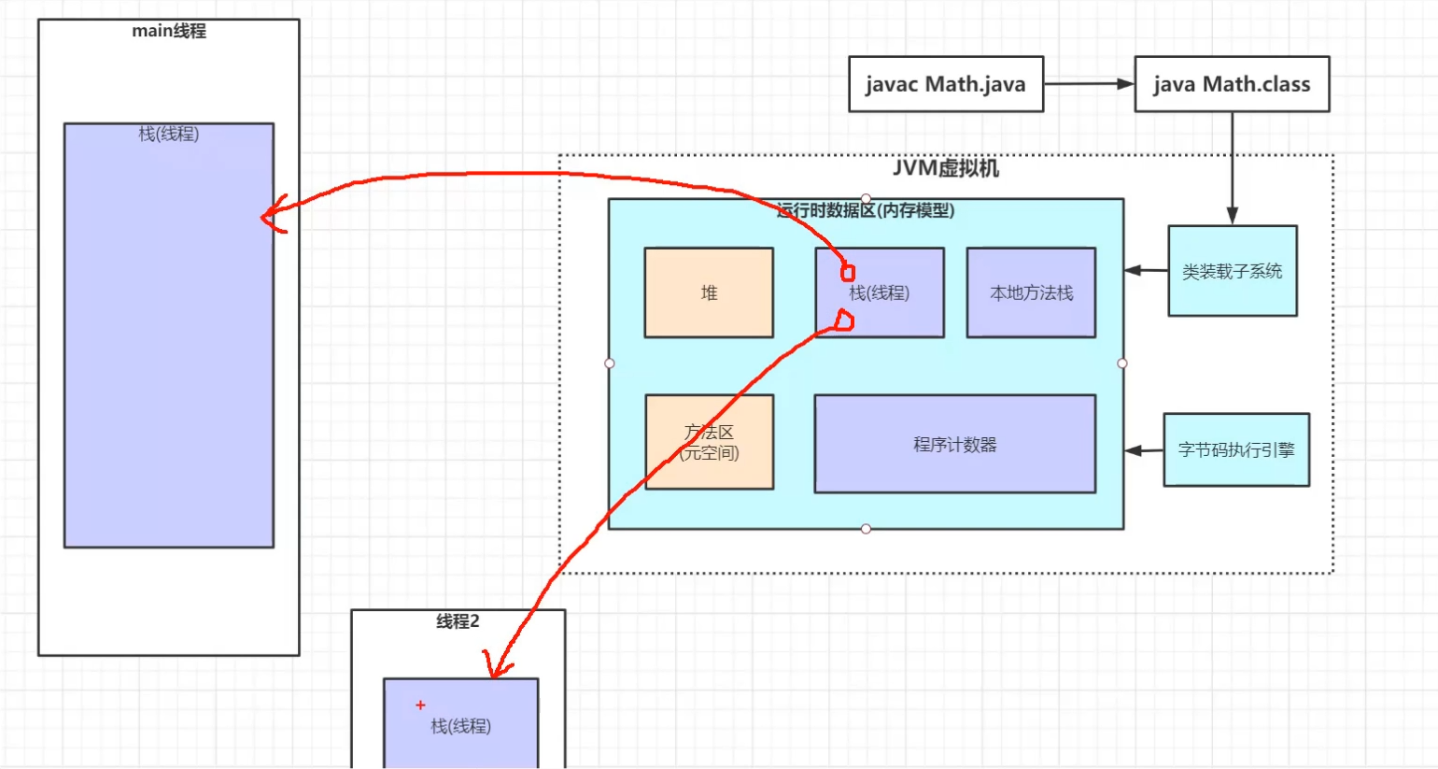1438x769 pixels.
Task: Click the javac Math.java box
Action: (x=945, y=84)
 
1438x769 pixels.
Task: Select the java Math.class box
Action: (x=1231, y=84)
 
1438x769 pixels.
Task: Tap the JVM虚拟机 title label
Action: (x=945, y=168)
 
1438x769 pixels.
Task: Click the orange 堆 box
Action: (x=709, y=292)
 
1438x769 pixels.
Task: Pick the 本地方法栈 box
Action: (x=1031, y=292)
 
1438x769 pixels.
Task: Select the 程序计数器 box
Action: (x=954, y=444)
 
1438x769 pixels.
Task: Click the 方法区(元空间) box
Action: (x=709, y=442)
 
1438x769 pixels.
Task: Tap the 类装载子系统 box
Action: (x=1232, y=271)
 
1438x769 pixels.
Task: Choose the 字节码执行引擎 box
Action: (x=1235, y=449)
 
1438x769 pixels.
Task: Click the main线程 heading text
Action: (x=169, y=31)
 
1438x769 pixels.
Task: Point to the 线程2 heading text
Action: (x=458, y=621)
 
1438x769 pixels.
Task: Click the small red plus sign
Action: (x=420, y=705)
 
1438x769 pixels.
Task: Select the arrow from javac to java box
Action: (x=1088, y=84)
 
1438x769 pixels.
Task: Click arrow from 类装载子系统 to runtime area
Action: (x=1145, y=271)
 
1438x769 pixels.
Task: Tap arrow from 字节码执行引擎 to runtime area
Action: (x=1143, y=450)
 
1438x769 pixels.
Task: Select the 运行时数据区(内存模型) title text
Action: (x=866, y=210)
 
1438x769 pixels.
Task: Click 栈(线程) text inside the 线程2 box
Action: (x=460, y=726)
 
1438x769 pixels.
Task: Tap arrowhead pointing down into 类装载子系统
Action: (x=1232, y=216)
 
